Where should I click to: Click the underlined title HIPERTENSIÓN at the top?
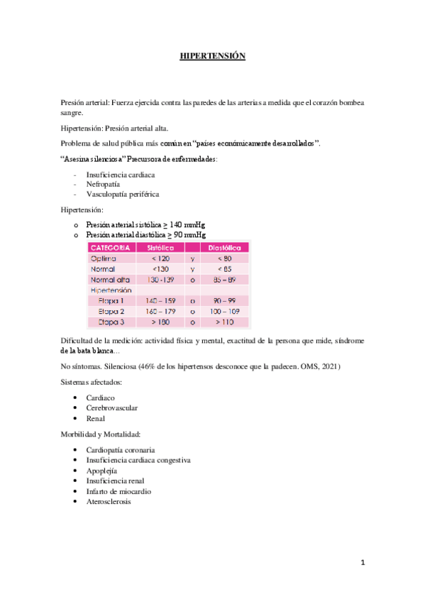(x=212, y=57)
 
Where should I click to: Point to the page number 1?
(x=362, y=563)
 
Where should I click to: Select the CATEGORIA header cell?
(x=110, y=248)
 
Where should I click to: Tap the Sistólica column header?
(x=161, y=248)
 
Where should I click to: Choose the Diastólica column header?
(x=225, y=248)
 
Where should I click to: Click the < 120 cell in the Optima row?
(x=161, y=259)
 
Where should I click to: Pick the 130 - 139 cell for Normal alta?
(x=161, y=280)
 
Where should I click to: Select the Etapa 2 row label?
(x=111, y=312)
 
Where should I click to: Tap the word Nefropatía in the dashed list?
(x=103, y=183)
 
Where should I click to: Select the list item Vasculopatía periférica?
(x=123, y=193)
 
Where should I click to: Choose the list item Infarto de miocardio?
(x=118, y=491)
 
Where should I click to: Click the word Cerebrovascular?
(x=111, y=408)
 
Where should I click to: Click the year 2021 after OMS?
(x=332, y=367)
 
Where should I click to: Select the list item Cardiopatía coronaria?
(x=121, y=450)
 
